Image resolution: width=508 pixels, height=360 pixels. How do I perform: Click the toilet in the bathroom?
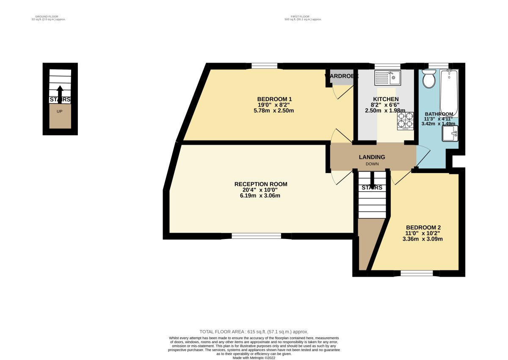429,79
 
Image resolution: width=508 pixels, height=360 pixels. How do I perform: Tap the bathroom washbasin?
450,134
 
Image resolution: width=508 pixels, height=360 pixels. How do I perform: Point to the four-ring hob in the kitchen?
405,120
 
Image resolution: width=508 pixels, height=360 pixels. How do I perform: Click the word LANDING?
372,157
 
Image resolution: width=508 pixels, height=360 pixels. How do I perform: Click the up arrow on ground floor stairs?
60,93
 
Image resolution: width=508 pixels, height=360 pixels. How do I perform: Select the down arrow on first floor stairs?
372,178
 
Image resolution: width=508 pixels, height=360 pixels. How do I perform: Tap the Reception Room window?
256,236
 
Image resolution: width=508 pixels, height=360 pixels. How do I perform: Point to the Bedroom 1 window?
264,66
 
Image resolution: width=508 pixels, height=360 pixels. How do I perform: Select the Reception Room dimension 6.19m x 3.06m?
261,196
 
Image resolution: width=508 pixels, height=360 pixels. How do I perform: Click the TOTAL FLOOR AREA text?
254,332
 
